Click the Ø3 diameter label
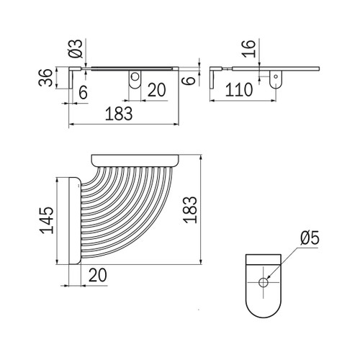pos(76,49)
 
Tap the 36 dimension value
pos(45,78)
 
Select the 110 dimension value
pos(239,90)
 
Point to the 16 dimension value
pos(248,49)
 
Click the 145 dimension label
pos(47,220)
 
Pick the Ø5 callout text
pos(310,238)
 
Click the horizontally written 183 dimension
pos(119,114)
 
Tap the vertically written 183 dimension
pos(190,210)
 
